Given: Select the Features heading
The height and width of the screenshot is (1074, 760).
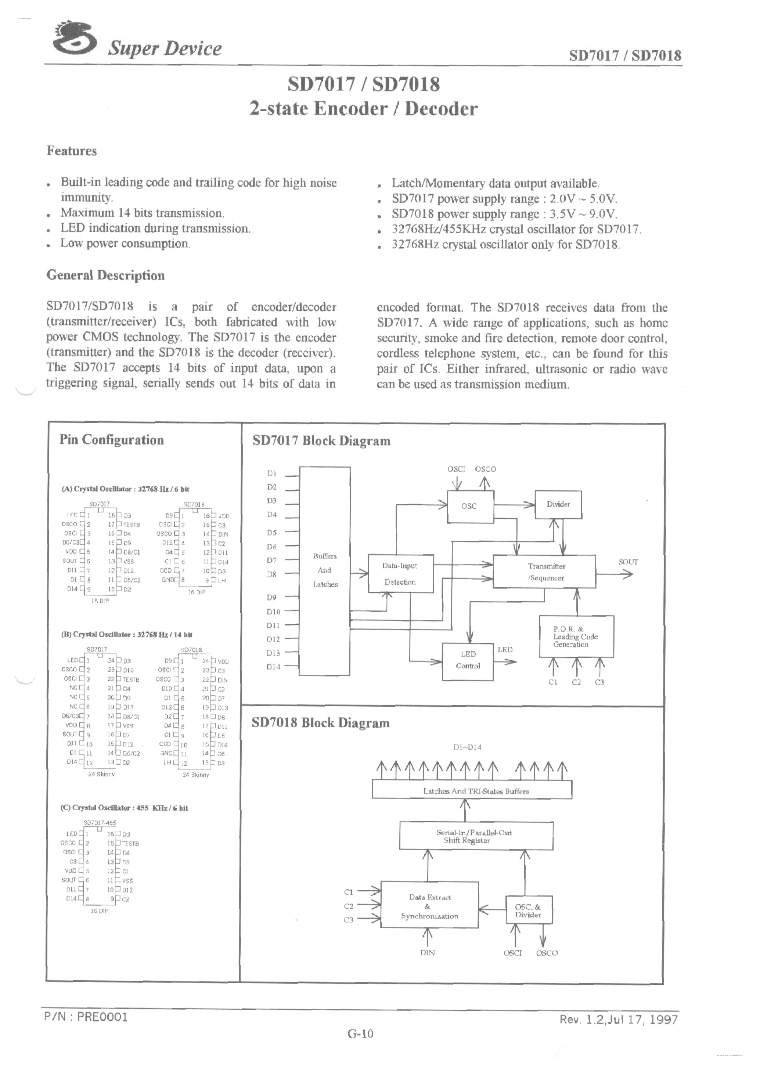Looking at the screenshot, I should tap(72, 151).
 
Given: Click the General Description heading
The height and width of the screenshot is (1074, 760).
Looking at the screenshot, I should tap(105, 275).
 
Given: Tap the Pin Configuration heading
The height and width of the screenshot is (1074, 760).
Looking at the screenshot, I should tap(111, 440).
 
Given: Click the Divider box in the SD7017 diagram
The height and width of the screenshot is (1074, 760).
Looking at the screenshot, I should tap(558, 504).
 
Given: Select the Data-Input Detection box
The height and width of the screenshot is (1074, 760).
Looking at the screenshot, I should tap(400, 574).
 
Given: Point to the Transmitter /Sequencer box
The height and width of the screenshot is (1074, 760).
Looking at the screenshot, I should tap(544, 572).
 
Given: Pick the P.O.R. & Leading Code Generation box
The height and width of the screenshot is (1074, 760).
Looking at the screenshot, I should tap(576, 637).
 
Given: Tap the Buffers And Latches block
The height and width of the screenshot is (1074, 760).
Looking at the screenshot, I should tap(325, 570).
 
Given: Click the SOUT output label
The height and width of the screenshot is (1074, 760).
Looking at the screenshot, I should tap(628, 562).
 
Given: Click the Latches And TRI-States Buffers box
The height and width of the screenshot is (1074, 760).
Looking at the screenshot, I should tap(472, 791).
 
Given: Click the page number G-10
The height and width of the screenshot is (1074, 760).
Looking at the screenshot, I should tap(360, 1034).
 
